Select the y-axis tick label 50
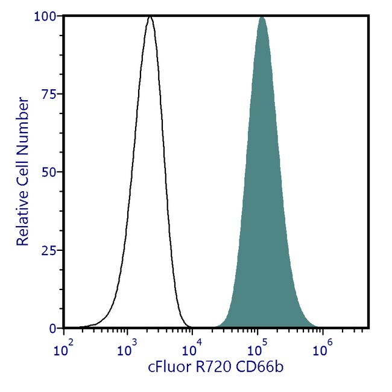tap(52, 172)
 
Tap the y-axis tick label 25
tap(52, 250)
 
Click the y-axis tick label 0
tap(55, 328)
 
